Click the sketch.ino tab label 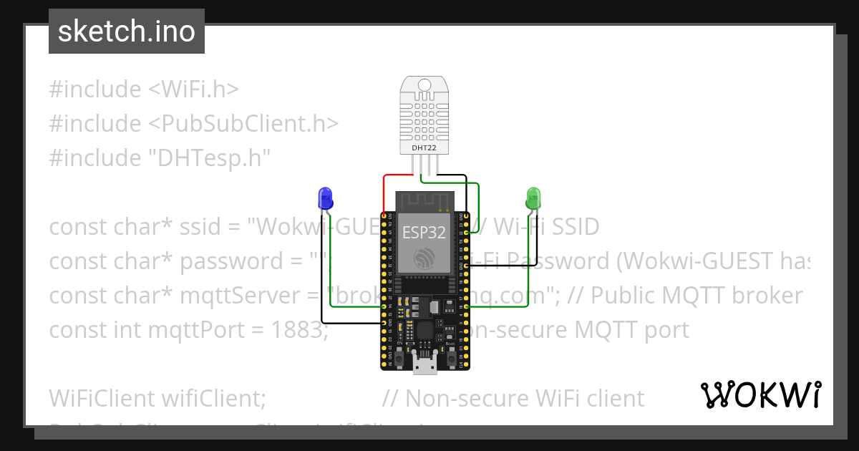[126, 31]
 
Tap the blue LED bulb [324, 197]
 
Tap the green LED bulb [533, 197]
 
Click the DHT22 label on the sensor [424, 148]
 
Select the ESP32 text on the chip [424, 233]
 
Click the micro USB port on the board [425, 367]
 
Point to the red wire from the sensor [397, 175]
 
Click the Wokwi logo [760, 395]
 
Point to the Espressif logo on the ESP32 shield [424, 258]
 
